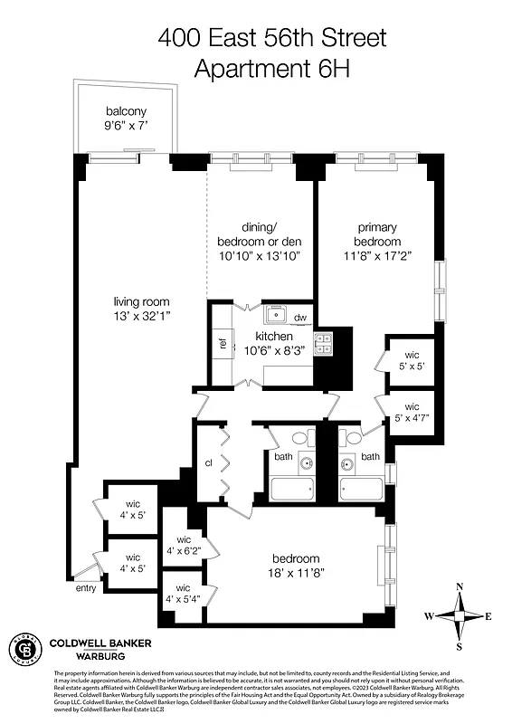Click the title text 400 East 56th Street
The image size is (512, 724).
(x=272, y=38)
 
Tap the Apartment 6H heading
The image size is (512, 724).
(x=272, y=68)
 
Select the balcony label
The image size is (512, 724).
(x=126, y=113)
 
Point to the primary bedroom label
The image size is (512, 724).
(x=377, y=234)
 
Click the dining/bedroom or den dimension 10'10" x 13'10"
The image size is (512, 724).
(x=259, y=256)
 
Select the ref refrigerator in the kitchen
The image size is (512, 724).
(x=223, y=343)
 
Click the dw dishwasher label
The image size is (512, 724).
(x=300, y=318)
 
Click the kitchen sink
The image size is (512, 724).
(x=276, y=316)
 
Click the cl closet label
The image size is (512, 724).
(x=208, y=463)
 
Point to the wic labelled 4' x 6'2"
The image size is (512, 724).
(x=183, y=544)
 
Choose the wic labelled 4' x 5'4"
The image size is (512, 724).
(x=183, y=593)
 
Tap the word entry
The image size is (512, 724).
(x=86, y=588)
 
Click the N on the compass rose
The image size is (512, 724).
(x=460, y=586)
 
